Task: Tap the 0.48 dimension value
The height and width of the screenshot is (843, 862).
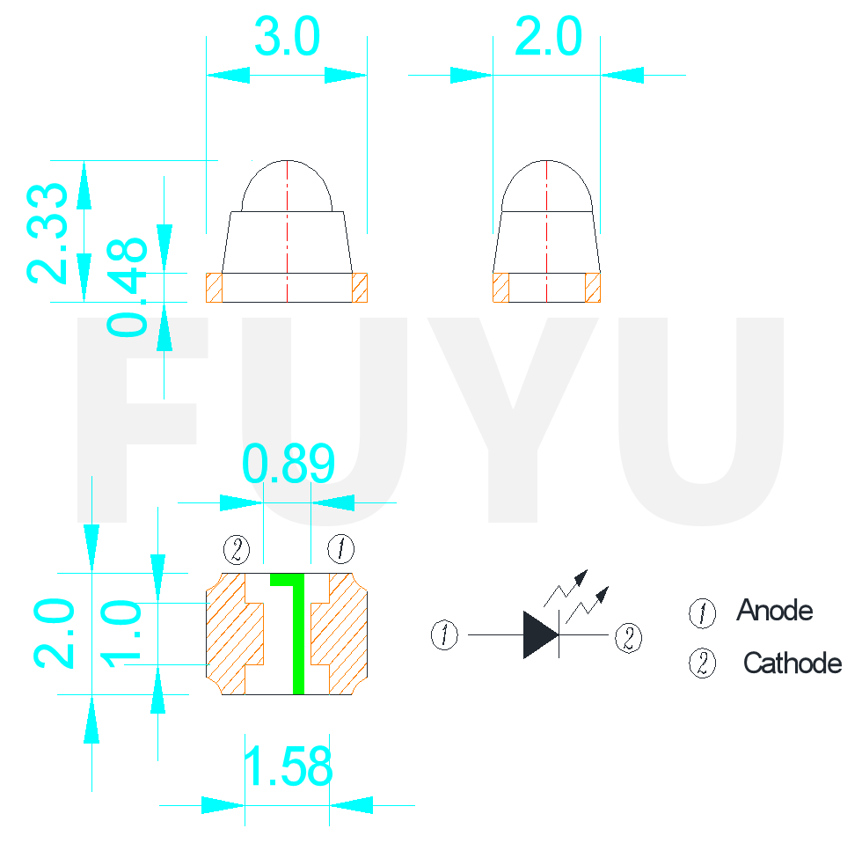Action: click(128, 287)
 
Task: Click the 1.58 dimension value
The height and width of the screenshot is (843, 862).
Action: click(288, 767)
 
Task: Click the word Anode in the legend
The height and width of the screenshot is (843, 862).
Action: click(774, 610)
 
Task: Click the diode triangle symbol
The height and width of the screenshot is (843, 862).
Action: click(539, 634)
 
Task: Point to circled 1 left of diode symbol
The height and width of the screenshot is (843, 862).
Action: click(445, 634)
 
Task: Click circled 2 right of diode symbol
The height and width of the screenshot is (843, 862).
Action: click(628, 638)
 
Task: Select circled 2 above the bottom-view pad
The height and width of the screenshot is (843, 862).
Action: click(236, 550)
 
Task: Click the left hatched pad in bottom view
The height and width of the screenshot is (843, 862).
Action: click(233, 634)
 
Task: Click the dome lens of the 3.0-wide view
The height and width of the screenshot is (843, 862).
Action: click(287, 187)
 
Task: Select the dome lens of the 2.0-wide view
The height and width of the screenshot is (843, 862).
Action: click(547, 187)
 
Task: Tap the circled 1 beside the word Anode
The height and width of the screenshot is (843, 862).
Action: click(702, 612)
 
